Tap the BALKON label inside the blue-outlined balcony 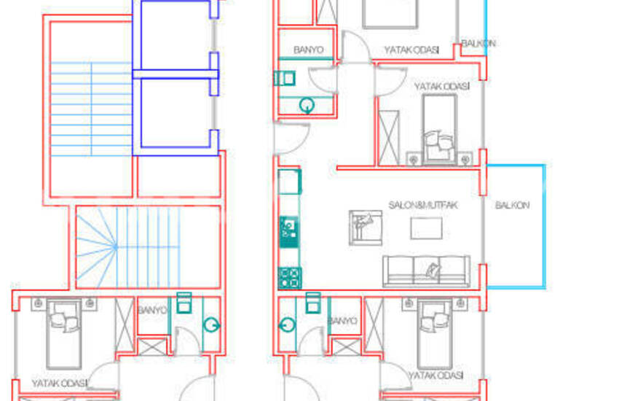click(x=513, y=206)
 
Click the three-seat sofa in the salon click(x=426, y=270)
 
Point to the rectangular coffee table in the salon click(x=425, y=229)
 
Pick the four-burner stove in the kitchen click(x=290, y=277)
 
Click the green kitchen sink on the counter click(x=288, y=229)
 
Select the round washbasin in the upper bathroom click(x=307, y=106)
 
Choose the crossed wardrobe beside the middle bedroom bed click(x=390, y=136)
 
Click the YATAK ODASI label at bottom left click(x=59, y=383)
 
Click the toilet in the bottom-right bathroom click(x=313, y=302)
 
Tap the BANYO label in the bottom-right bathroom click(x=342, y=320)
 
